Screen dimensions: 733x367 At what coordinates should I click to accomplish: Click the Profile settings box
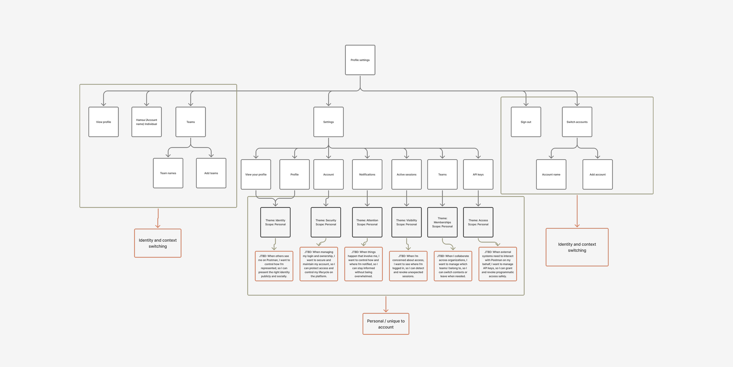click(x=360, y=60)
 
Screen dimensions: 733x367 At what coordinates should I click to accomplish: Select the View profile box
click(x=103, y=122)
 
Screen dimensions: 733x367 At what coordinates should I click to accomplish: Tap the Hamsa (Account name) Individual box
click(x=147, y=122)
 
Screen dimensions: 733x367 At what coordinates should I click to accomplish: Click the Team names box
click(x=168, y=173)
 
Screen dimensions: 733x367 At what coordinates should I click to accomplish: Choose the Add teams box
click(x=211, y=173)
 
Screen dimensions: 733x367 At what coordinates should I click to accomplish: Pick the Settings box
click(x=328, y=122)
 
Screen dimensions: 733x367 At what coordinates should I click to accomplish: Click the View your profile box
click(x=256, y=174)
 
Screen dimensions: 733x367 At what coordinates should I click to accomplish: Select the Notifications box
click(x=367, y=174)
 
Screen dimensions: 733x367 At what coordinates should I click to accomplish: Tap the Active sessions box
click(x=406, y=174)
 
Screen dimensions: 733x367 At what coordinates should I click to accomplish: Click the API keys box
click(x=478, y=174)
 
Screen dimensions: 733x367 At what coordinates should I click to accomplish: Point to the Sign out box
click(x=526, y=122)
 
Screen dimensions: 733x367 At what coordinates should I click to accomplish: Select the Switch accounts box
click(x=577, y=122)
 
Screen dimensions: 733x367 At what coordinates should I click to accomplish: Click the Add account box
click(x=598, y=174)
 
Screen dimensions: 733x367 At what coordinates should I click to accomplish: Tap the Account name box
click(x=551, y=174)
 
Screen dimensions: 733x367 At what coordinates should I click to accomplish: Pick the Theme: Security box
click(x=326, y=222)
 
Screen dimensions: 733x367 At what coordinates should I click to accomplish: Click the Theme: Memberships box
click(x=442, y=222)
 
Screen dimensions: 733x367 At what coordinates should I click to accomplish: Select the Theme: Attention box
click(x=367, y=222)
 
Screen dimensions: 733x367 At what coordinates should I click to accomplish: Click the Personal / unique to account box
click(x=386, y=324)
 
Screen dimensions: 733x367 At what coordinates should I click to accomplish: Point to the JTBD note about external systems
click(x=498, y=264)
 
